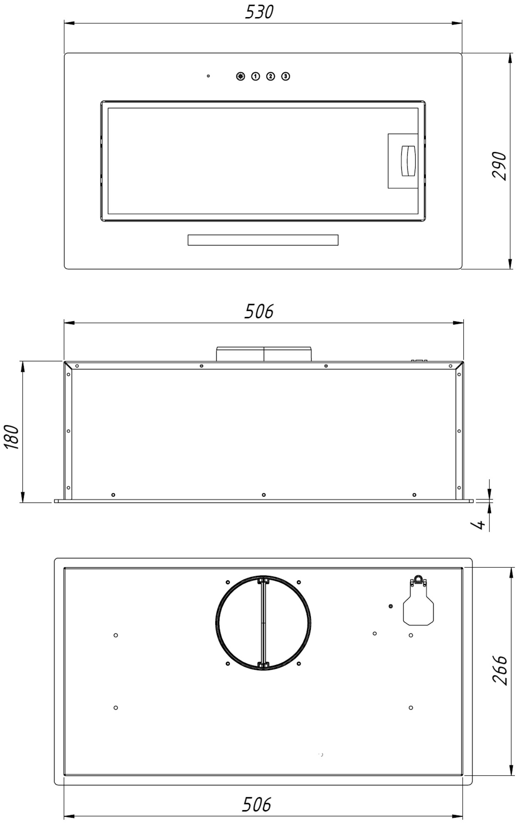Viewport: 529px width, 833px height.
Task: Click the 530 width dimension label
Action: click(259, 12)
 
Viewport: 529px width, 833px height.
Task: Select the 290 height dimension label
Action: click(499, 166)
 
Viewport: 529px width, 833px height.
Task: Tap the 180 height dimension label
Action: click(12, 437)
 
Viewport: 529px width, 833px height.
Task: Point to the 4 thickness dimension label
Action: click(480, 524)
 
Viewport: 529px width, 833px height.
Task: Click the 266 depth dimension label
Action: click(499, 670)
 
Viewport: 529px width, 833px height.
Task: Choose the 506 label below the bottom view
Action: click(256, 804)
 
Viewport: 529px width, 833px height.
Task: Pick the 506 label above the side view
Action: click(259, 311)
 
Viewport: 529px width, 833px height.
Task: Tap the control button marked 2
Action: click(271, 76)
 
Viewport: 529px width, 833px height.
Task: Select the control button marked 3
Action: click(286, 76)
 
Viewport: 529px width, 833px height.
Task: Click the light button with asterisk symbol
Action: click(241, 76)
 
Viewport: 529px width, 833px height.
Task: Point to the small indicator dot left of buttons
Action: click(208, 76)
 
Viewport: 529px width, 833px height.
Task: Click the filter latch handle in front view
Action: click(407, 161)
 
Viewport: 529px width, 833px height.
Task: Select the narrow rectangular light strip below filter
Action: click(263, 240)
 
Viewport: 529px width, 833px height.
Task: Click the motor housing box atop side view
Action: click(263, 354)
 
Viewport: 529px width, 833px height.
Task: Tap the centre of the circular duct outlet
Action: click(263, 623)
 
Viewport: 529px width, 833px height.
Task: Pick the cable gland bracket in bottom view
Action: click(418, 605)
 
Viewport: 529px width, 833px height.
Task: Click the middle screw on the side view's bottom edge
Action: click(263, 495)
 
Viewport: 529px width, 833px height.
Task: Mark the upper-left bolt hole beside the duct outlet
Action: click(228, 582)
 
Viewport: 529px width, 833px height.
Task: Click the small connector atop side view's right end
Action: click(419, 360)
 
